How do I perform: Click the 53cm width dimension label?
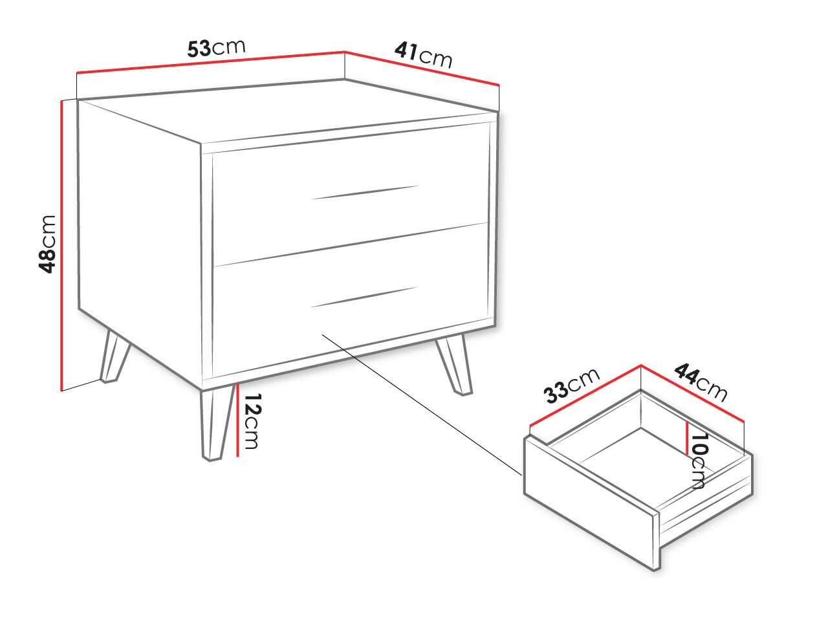click(216, 48)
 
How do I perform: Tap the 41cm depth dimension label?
click(423, 55)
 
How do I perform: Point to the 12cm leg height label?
click(251, 421)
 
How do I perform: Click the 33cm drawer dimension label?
click(571, 386)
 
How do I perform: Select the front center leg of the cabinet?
click(216, 424)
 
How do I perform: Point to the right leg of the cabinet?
click(455, 365)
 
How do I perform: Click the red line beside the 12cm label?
click(238, 420)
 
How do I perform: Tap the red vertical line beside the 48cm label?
click(61, 246)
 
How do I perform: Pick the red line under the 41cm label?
click(422, 68)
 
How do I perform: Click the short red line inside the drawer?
click(687, 438)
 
